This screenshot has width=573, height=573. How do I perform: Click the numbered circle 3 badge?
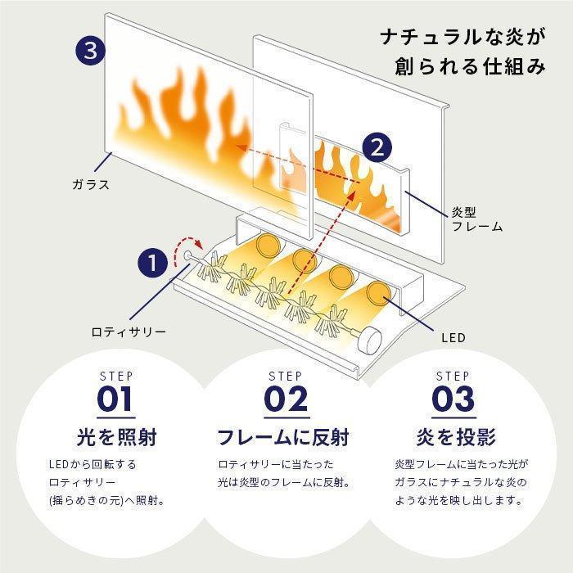point(90,51)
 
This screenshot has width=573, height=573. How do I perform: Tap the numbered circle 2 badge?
point(377,148)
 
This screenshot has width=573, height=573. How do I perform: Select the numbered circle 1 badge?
point(153,263)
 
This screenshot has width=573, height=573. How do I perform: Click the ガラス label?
point(91,184)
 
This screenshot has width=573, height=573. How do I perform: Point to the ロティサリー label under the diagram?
point(129,332)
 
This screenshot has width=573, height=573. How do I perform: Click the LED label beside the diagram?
point(453,337)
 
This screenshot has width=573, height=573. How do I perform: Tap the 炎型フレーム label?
point(477,219)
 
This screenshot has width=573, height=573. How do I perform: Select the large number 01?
point(115,399)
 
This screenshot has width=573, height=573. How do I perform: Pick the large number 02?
point(286,399)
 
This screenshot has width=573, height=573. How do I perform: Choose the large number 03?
point(453,399)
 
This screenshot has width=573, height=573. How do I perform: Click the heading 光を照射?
point(116,437)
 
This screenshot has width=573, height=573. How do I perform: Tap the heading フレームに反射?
point(283,437)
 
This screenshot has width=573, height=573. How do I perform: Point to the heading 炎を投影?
point(456,437)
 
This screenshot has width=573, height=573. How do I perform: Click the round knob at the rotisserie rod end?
point(370,340)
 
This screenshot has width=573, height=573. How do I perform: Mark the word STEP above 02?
point(286,376)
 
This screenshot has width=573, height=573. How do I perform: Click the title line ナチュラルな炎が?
point(463,38)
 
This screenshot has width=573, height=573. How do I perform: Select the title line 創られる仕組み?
point(470,66)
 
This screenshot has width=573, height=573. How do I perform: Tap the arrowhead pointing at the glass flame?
point(241,148)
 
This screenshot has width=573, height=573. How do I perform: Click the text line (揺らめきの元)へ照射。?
point(106,500)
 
